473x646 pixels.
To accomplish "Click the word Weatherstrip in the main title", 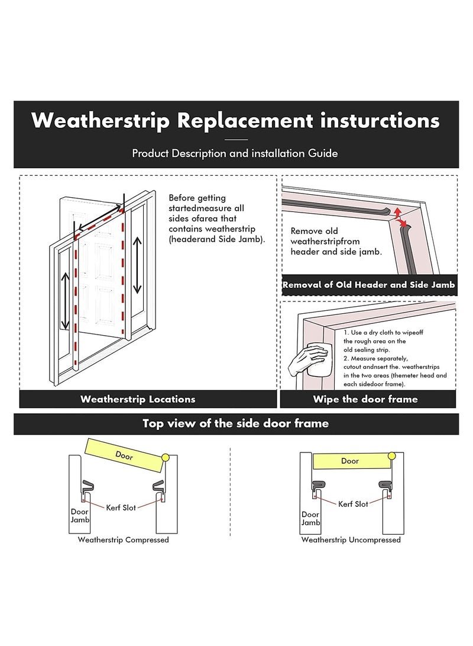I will tap(98, 120).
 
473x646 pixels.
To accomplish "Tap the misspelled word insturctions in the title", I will tap(378, 120).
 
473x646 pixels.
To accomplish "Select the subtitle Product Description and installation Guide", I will tap(235, 153).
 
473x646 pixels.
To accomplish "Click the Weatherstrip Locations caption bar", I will tap(138, 399).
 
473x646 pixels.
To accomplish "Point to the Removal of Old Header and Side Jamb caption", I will tap(368, 285).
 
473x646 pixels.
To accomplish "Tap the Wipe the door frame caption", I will tap(365, 399).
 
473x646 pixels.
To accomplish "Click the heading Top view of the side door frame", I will tap(235, 423).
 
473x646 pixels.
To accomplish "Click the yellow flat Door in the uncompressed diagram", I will tap(349, 461).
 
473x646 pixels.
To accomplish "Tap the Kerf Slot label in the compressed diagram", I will tap(121, 507).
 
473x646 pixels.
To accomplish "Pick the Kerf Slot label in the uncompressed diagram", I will tap(352, 504).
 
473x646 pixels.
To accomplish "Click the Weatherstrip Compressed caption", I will tap(123, 539).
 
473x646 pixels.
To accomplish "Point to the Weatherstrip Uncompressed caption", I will tap(351, 539).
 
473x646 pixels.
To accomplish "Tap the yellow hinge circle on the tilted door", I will tap(165, 457).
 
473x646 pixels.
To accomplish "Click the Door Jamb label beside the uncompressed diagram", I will tap(310, 519).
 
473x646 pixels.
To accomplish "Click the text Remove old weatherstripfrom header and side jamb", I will tap(335, 241).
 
